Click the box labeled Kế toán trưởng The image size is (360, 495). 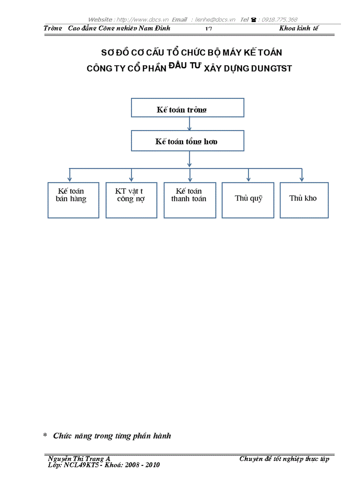coord(187,108)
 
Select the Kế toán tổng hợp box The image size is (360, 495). coord(187,141)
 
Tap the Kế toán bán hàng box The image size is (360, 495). coord(73,200)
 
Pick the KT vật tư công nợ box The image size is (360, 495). coord(131,200)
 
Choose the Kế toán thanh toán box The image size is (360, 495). coord(189,200)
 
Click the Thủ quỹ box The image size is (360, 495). coord(248,200)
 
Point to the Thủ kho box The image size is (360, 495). coord(304,200)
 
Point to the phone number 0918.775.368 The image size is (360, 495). coord(280,19)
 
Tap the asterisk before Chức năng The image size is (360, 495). coord(45,436)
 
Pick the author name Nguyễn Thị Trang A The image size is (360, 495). coord(82,459)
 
